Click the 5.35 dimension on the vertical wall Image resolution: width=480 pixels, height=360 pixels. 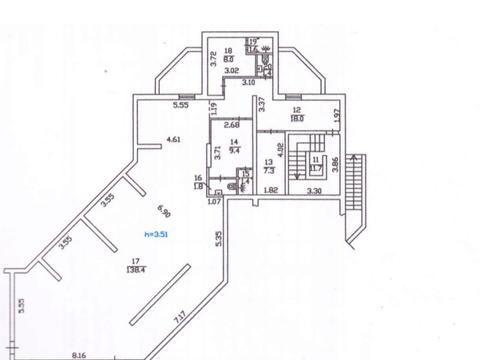216,239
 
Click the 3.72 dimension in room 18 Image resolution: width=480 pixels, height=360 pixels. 213,58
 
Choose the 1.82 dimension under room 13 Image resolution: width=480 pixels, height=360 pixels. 270,190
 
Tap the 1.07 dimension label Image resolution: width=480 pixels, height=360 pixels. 213,202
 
